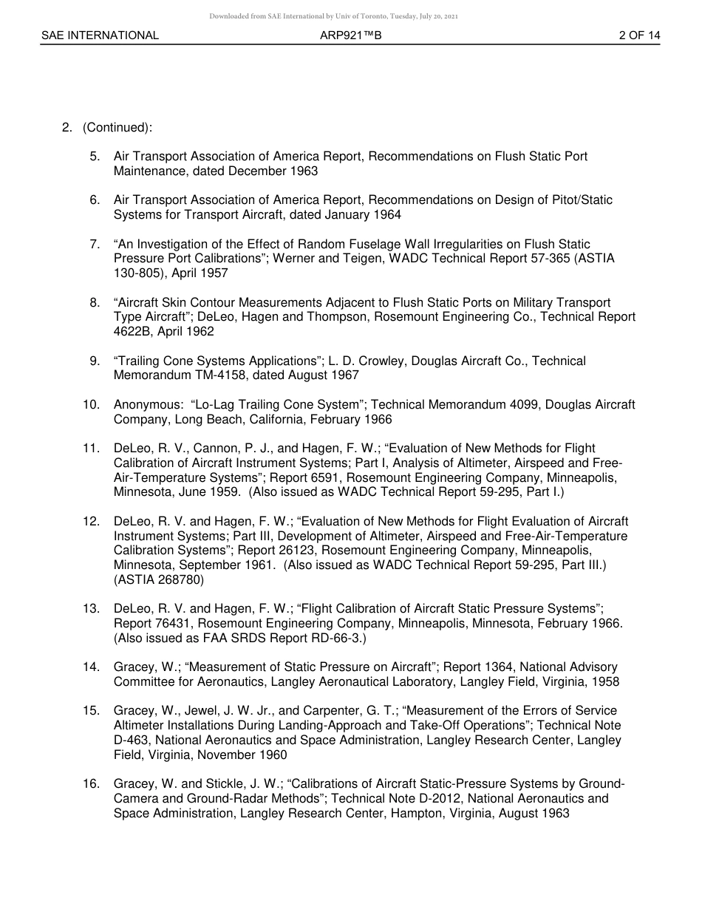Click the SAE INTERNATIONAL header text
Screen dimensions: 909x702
pos(100,35)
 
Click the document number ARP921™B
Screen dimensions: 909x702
pos(350,35)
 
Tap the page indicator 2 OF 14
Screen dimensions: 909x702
pos(639,35)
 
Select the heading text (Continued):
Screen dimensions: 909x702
pos(117,128)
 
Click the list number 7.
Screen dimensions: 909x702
pos(95,245)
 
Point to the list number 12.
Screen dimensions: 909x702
pos(92,522)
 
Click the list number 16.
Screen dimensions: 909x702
pos(92,784)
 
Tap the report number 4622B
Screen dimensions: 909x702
pos(134,332)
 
